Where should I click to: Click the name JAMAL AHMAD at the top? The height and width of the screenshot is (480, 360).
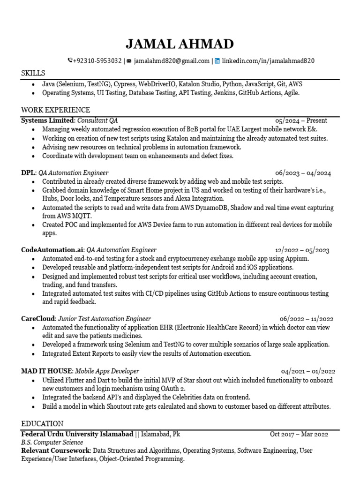180,45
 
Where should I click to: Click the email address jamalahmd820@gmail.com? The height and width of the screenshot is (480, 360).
172,61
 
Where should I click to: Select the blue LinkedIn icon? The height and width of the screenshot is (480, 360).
217,61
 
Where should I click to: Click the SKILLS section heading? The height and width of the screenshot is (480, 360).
33,74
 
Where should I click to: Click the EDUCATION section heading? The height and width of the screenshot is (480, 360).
42,423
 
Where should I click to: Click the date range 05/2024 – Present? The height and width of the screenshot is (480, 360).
301,120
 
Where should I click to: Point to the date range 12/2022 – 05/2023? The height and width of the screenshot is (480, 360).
302,250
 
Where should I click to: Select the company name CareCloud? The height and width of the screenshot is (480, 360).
38,319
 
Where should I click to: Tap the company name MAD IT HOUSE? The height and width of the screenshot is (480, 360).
46,371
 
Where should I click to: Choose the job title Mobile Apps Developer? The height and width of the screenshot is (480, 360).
107,371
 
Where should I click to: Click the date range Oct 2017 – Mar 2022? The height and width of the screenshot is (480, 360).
300,434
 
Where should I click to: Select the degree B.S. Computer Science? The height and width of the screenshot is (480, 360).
52,442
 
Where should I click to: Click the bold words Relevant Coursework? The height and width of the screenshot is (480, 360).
56,450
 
